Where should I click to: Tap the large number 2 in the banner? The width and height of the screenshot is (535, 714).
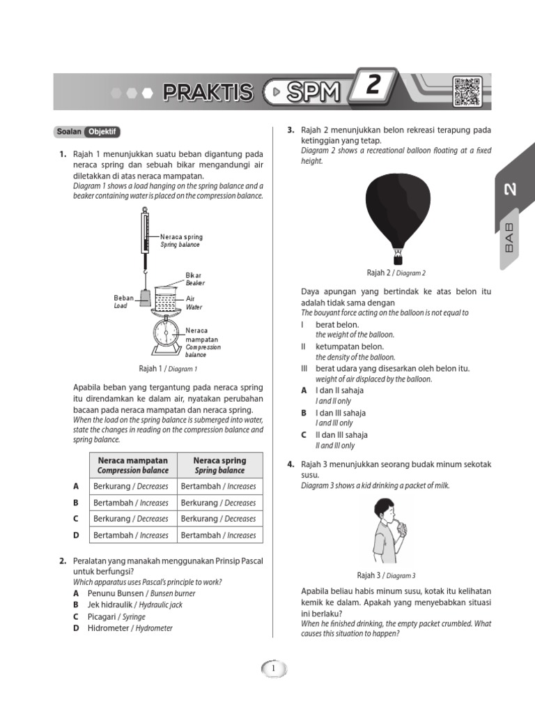[x=373, y=86]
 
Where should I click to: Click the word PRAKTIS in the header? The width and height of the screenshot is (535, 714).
[x=208, y=92]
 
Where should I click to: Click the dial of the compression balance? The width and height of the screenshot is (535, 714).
[x=164, y=331]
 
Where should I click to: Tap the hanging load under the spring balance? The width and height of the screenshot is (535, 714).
[x=145, y=298]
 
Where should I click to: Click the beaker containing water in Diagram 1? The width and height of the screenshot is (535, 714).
[x=166, y=298]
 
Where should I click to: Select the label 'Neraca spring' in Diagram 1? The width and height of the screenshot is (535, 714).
[x=181, y=237]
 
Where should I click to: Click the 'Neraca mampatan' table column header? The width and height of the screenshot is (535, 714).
[x=132, y=465]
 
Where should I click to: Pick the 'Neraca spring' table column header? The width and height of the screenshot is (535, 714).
[x=219, y=465]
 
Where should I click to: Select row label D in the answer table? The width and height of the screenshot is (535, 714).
[x=76, y=535]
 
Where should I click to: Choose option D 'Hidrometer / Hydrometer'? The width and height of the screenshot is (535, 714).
[x=130, y=628]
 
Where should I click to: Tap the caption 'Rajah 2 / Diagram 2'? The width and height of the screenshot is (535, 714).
[x=396, y=273]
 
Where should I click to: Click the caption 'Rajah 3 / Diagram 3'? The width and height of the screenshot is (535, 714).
[x=386, y=575]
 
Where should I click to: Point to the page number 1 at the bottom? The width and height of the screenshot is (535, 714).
[x=274, y=669]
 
